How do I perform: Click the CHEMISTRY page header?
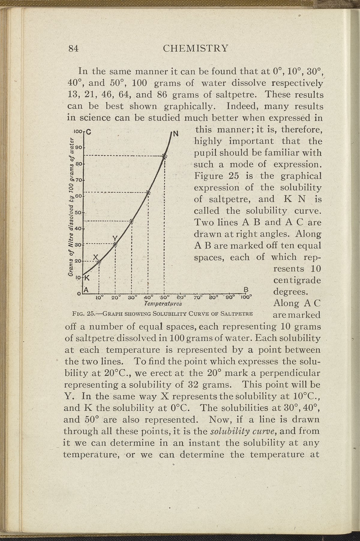pyautogui.click(x=195, y=48)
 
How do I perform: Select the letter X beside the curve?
pyautogui.click(x=95, y=257)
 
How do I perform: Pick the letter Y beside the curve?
pyautogui.click(x=115, y=238)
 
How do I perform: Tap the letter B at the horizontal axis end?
pyautogui.click(x=246, y=290)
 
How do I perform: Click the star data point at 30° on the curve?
pyautogui.click(x=132, y=222)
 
